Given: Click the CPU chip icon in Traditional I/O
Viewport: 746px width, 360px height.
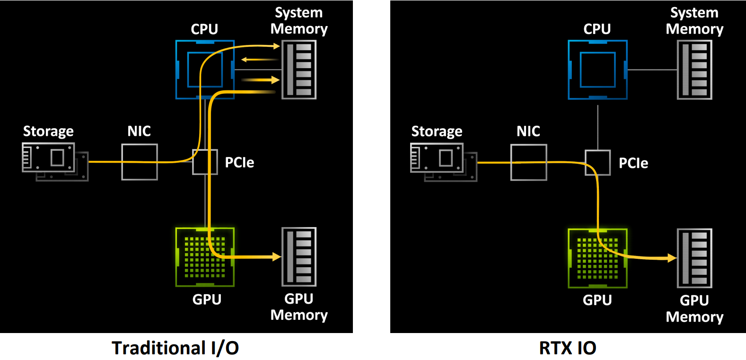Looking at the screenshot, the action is click(x=205, y=70).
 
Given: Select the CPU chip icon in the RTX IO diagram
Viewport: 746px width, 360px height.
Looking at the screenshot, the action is click(x=598, y=70).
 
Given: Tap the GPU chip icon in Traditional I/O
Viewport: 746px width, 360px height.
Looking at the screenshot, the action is click(x=205, y=257).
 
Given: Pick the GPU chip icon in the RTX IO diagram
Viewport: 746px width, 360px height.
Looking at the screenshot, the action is click(x=598, y=258).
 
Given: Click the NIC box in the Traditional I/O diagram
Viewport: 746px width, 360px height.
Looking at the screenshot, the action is click(x=140, y=162).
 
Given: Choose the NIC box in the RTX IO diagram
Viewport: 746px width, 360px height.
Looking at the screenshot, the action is click(x=529, y=163).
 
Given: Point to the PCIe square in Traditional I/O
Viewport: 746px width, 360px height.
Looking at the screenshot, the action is click(x=205, y=162).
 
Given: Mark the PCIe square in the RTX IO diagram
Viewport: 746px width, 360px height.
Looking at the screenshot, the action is click(x=598, y=163).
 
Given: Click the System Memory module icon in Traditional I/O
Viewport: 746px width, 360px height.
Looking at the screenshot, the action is click(x=299, y=70).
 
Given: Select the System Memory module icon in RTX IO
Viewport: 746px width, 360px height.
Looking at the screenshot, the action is click(x=695, y=70).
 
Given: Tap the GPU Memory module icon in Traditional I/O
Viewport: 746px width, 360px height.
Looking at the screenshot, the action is click(x=299, y=257).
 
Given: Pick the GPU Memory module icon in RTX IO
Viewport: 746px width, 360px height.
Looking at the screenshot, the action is click(x=695, y=258).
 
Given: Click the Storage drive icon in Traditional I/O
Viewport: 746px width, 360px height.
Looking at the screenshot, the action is click(x=55, y=162).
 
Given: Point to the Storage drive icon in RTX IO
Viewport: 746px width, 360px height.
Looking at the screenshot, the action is click(x=444, y=163).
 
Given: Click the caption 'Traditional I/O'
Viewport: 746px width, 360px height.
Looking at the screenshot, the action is click(x=175, y=348).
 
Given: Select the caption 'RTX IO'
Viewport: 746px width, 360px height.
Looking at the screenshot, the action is click(x=568, y=348).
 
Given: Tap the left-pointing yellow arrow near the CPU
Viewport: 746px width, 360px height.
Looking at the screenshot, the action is click(x=260, y=60).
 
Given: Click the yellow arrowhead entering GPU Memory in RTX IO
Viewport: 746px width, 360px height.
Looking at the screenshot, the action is click(x=672, y=258).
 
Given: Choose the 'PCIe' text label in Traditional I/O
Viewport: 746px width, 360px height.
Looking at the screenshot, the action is click(x=239, y=163).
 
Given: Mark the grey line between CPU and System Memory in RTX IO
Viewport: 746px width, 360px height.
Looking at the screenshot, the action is click(x=652, y=70).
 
